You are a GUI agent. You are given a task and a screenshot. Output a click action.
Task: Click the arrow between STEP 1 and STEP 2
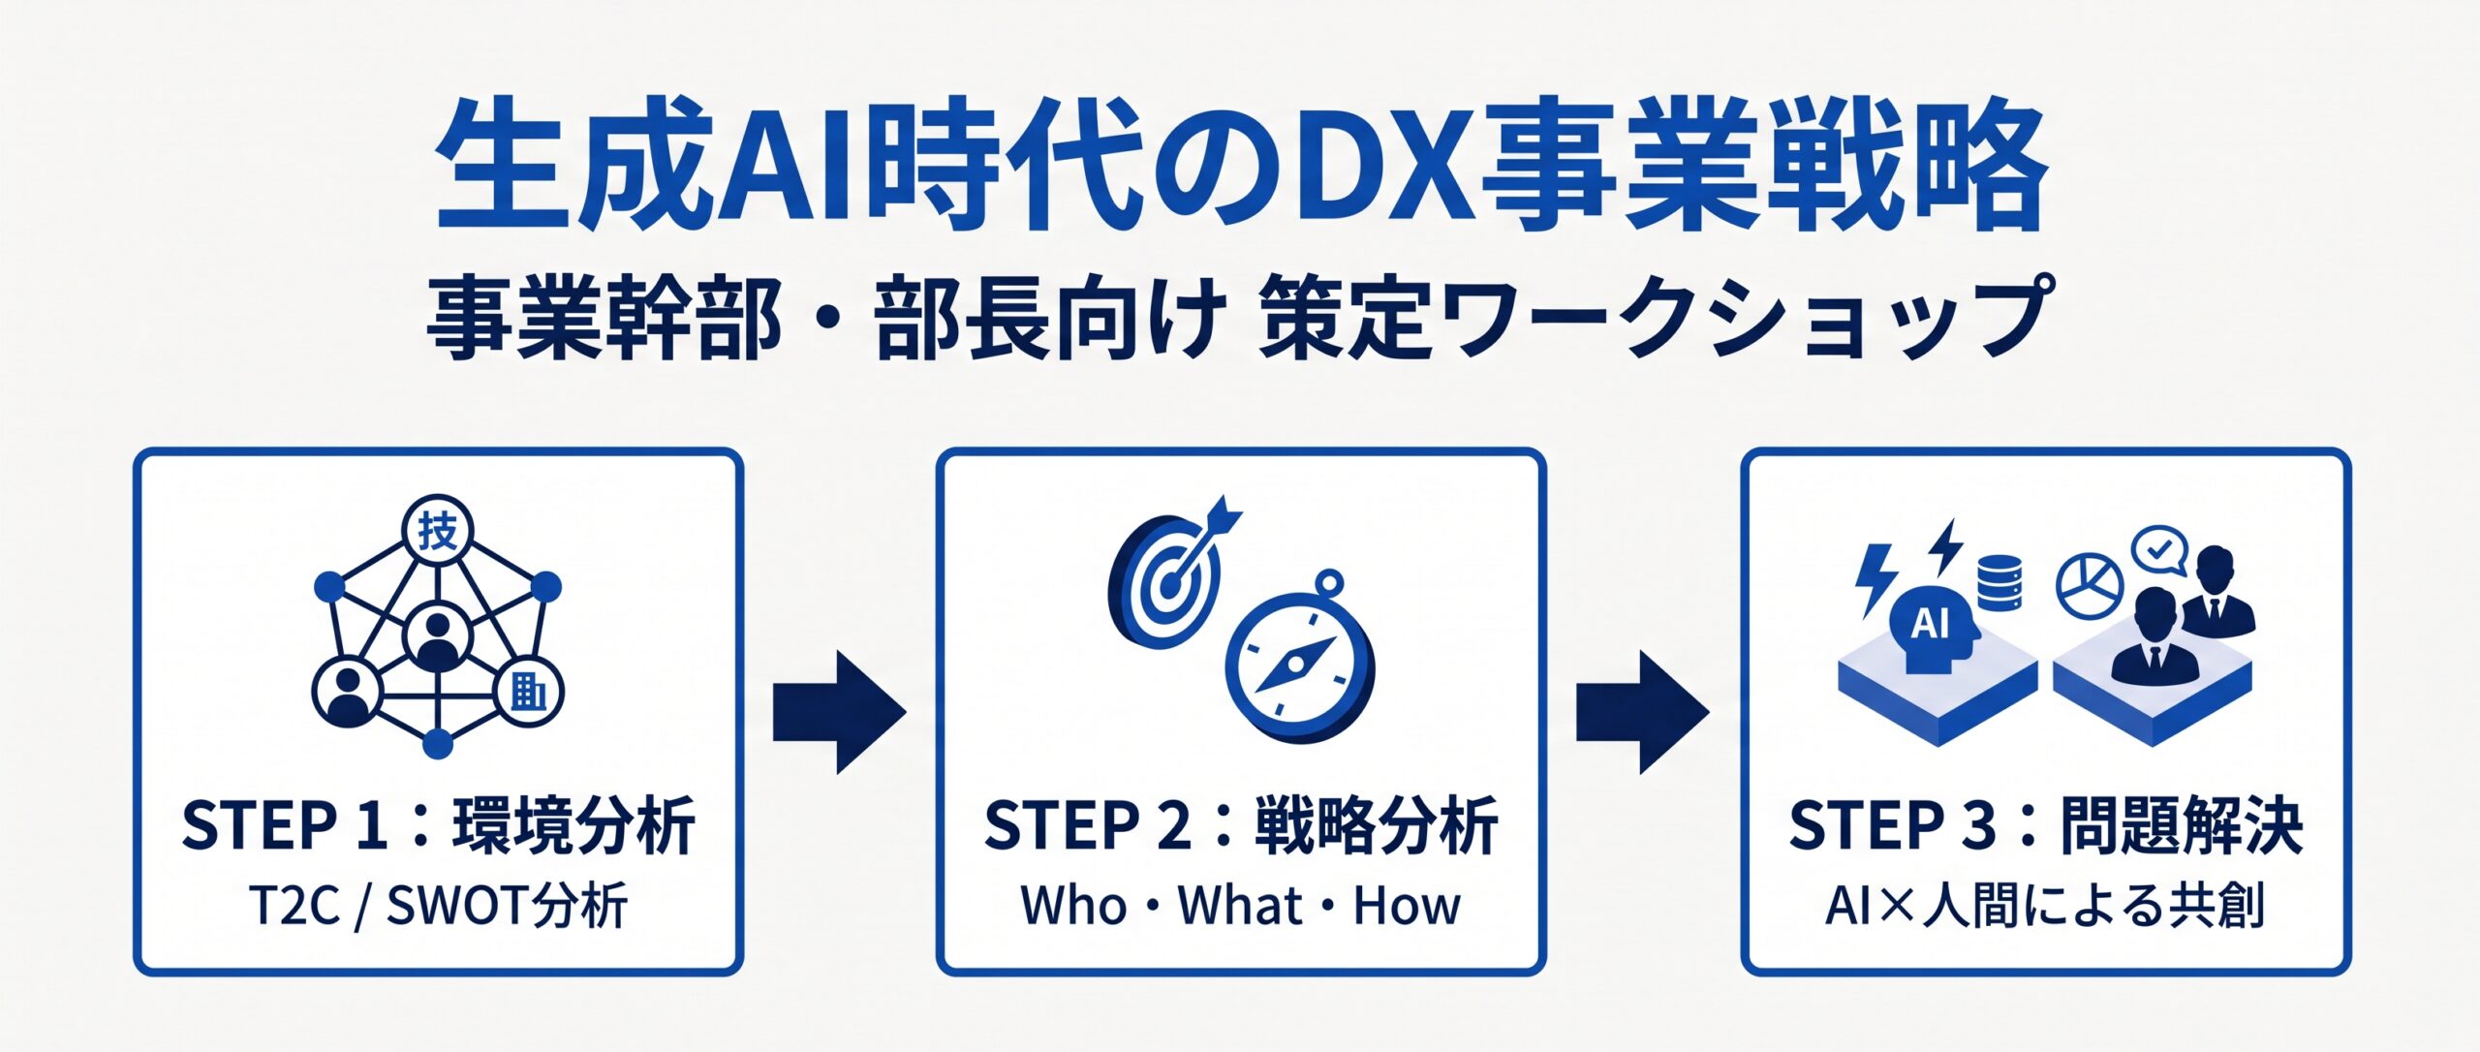(x=839, y=712)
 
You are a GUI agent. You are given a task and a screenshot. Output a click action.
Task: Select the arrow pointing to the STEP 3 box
(x=1642, y=712)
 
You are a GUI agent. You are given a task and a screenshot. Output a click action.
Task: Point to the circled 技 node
(x=437, y=531)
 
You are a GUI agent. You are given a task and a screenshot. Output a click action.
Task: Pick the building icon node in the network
(x=528, y=694)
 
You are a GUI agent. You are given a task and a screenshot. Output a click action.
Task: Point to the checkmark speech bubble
(x=2159, y=552)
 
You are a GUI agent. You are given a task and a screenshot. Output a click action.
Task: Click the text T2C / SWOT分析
(x=438, y=907)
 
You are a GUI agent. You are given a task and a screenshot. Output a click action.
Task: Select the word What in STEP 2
(x=1240, y=906)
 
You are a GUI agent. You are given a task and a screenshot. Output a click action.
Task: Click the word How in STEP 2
(x=1407, y=906)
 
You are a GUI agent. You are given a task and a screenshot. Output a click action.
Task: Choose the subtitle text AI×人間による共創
(x=2045, y=907)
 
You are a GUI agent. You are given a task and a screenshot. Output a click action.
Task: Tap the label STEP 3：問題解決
(x=2045, y=825)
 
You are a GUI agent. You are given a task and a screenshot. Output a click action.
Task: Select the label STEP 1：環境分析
(x=438, y=825)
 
